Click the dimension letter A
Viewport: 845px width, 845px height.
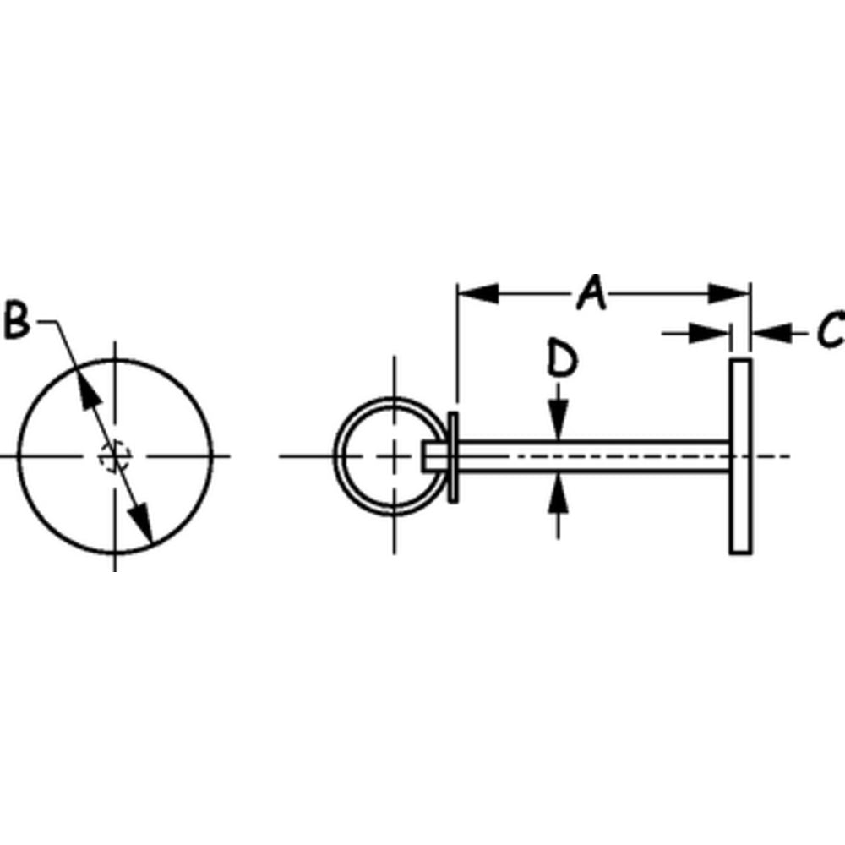pyautogui.click(x=592, y=293)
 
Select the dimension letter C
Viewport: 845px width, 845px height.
pyautogui.click(x=831, y=330)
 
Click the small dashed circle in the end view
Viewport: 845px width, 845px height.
pyautogui.click(x=113, y=456)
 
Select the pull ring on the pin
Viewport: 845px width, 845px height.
pyautogui.click(x=344, y=456)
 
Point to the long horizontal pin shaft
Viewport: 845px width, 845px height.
pyautogui.click(x=591, y=456)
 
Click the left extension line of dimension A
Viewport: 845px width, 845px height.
pyautogui.click(x=456, y=355)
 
